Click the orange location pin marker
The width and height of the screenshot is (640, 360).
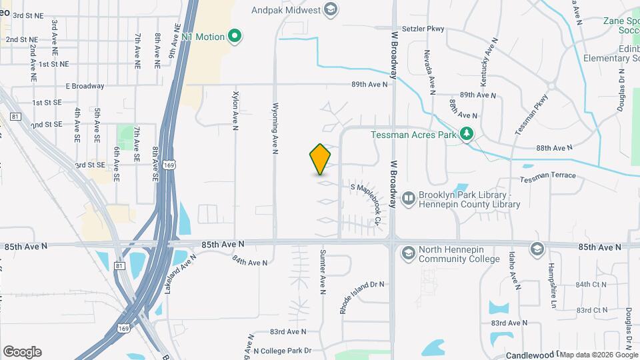(321, 159)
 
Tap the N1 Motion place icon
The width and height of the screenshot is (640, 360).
(235, 36)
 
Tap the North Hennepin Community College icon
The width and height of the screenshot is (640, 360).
(408, 253)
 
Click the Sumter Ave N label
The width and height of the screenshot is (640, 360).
(323, 272)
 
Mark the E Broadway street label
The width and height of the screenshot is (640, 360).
(85, 86)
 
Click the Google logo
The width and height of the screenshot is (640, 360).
(22, 351)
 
